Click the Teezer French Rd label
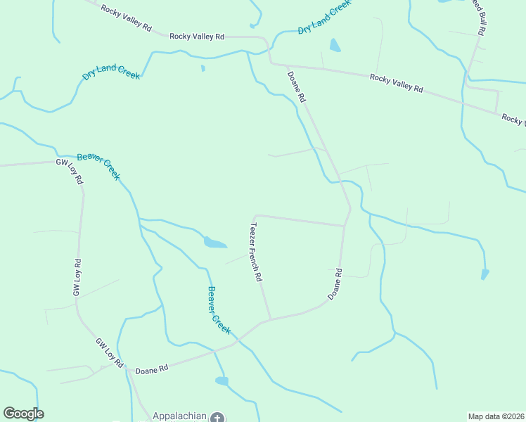(256, 252)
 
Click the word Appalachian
(180, 416)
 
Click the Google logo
(23, 414)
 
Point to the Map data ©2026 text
(496, 416)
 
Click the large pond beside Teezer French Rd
(215, 243)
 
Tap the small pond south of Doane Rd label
(222, 381)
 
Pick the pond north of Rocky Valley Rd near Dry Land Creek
(335, 46)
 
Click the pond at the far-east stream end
(485, 274)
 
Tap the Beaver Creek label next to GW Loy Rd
(98, 166)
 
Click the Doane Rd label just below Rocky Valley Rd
(296, 86)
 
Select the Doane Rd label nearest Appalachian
(152, 369)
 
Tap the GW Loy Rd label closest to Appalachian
(110, 353)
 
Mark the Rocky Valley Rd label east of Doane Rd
(397, 84)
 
